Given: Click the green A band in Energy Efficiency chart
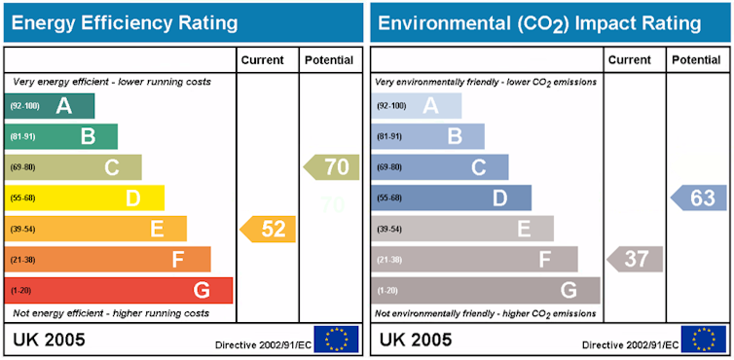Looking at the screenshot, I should [50, 105].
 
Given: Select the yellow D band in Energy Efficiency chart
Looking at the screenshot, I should [85, 198].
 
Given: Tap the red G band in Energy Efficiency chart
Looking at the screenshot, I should [119, 290].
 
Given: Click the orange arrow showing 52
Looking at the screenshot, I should [269, 229].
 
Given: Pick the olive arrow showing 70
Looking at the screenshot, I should [332, 167].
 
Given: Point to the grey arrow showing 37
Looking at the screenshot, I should [635, 259].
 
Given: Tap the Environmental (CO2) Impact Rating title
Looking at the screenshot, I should [538, 22].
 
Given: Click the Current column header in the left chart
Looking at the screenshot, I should [263, 60].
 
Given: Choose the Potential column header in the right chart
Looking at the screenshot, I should [696, 60].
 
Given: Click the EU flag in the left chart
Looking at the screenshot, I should [336, 340].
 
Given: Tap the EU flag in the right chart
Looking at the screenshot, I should [703, 340].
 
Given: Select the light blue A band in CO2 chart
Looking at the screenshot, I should [417, 105].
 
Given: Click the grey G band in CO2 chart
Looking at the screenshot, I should [486, 290].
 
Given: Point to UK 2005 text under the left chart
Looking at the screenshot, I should [49, 340].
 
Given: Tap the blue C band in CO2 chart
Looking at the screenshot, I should [440, 167].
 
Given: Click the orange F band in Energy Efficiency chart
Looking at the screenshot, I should [107, 260].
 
